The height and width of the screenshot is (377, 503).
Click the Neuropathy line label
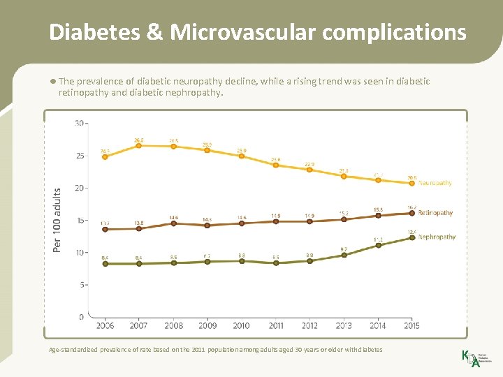[x=435, y=183]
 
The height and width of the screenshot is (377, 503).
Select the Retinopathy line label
[x=435, y=213]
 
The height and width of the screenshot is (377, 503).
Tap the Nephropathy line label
[x=437, y=237]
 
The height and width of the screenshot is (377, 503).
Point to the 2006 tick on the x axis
[x=105, y=326]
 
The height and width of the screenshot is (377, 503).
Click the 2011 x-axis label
[x=275, y=326]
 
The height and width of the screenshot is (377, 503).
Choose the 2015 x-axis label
[x=411, y=326]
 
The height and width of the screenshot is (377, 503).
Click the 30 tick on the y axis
[x=80, y=124]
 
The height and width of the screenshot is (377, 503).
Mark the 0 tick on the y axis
[x=82, y=317]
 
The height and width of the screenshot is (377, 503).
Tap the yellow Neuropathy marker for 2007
[x=139, y=146]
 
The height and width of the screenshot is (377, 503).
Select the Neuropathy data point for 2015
[x=411, y=184]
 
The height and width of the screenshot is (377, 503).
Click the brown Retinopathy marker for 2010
[x=241, y=223]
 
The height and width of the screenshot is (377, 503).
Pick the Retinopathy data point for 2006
[x=105, y=229]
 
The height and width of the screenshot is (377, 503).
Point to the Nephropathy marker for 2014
[x=378, y=245]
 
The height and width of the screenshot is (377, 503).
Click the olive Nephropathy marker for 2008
[x=173, y=263]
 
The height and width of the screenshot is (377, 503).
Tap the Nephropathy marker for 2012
[x=309, y=260]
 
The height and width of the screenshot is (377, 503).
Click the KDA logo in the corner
[x=472, y=357]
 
